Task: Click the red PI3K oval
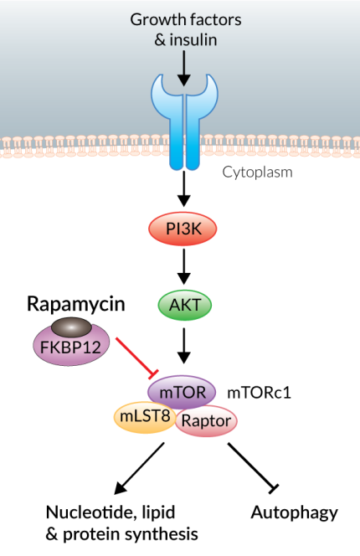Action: (x=183, y=228)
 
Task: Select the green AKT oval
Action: (x=183, y=306)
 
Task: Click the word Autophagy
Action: (x=294, y=512)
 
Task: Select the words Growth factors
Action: (x=182, y=18)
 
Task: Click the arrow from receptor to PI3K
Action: (x=183, y=188)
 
